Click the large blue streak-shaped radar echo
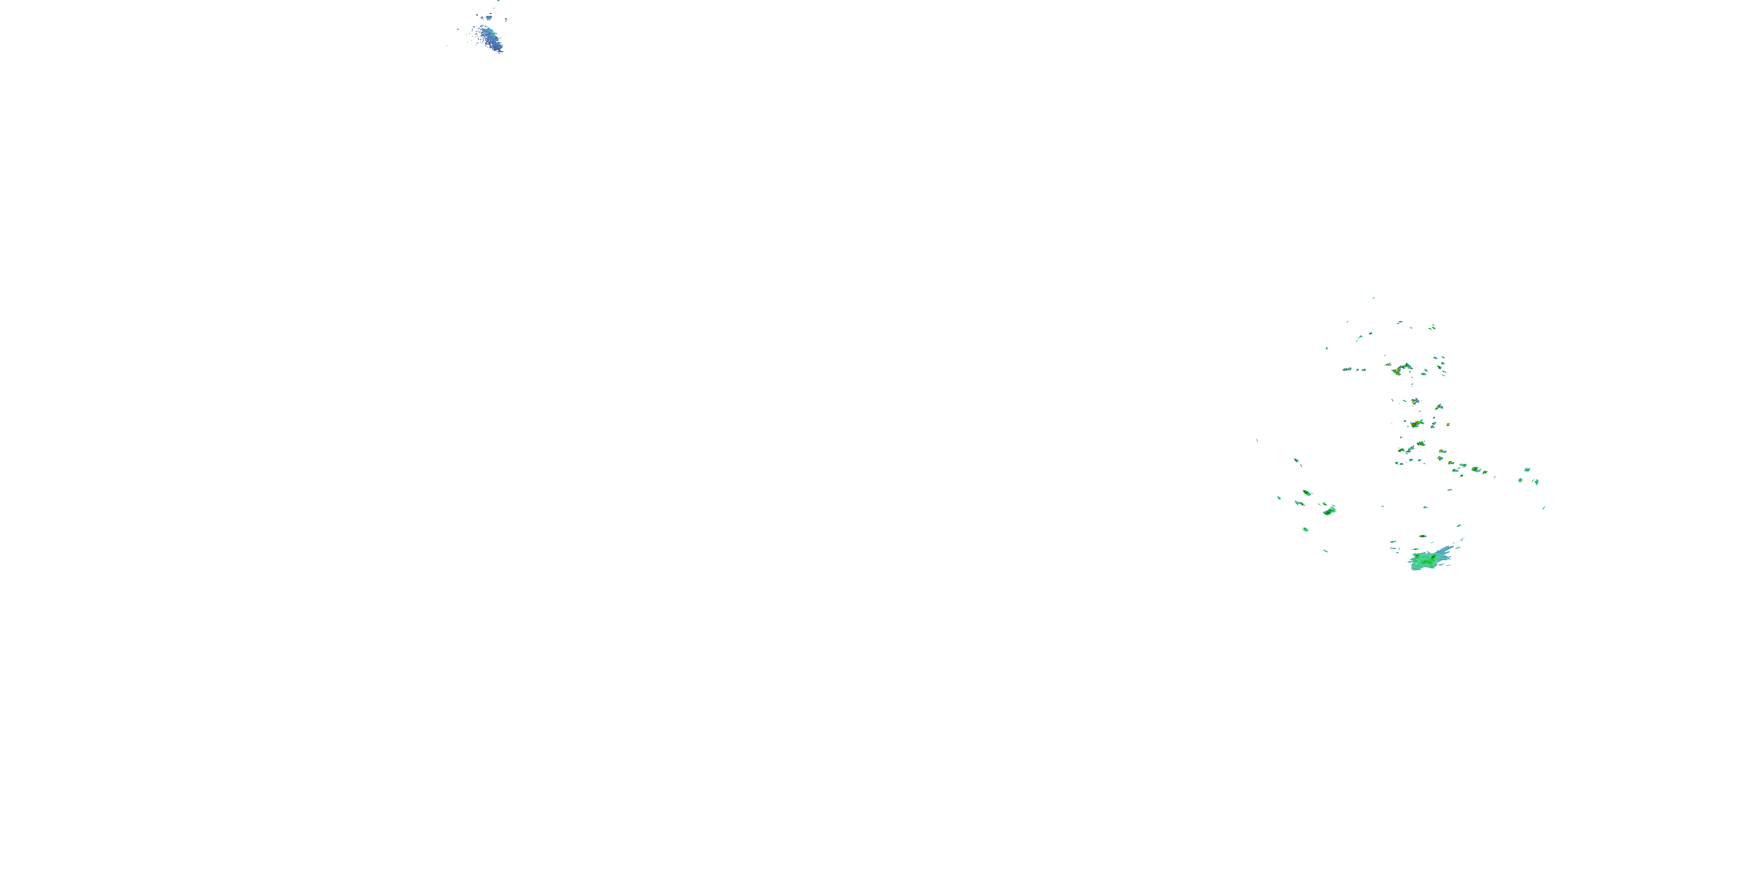pyautogui.click(x=490, y=38)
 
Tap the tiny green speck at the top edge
pyautogui.click(x=498, y=1)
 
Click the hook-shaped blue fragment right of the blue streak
pyautogui.click(x=505, y=21)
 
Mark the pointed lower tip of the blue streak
pyautogui.click(x=501, y=51)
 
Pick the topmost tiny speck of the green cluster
pyautogui.click(x=1373, y=298)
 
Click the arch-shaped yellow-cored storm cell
pyautogui.click(x=1402, y=369)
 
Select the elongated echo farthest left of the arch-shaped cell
pyautogui.click(x=1347, y=369)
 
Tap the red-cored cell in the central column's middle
pyautogui.click(x=1417, y=424)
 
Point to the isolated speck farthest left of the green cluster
pyautogui.click(x=1257, y=440)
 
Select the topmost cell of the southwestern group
pyautogui.click(x=1297, y=462)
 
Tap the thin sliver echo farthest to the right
pyautogui.click(x=1543, y=507)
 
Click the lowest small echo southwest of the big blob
pyautogui.click(x=1326, y=551)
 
